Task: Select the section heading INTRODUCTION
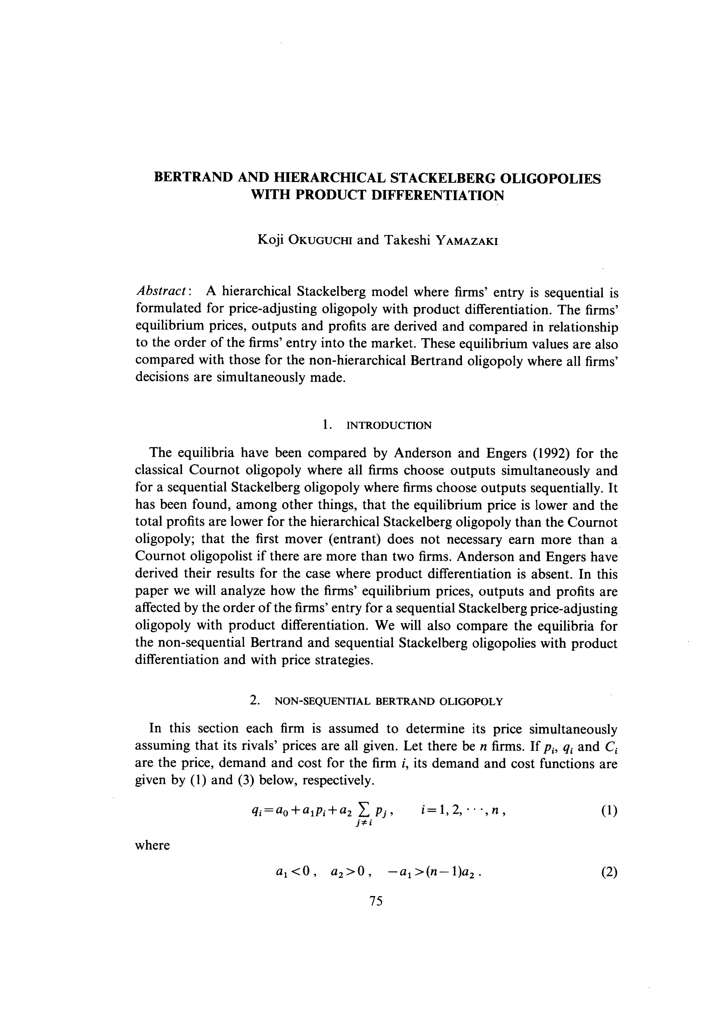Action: [389, 426]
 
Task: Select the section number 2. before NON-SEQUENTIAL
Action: [255, 701]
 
